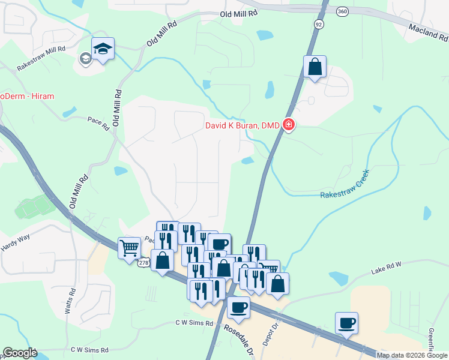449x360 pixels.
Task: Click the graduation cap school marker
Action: pos(103,49)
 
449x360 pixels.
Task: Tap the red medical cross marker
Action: pos(289,125)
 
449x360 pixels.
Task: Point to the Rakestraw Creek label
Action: pos(344,185)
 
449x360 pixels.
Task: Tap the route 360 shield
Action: pos(342,11)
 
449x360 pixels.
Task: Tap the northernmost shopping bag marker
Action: pos(315,67)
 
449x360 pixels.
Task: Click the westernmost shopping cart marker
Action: pos(130,247)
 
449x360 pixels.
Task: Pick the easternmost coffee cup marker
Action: pos(346,323)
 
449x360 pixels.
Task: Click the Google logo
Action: pos(19,353)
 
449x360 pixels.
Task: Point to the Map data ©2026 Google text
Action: pos(412,355)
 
